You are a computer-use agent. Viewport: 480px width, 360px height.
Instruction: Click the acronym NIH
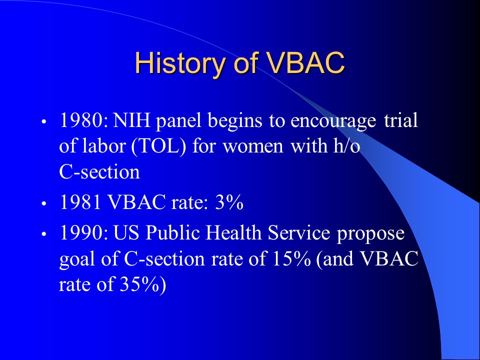[x=131, y=120]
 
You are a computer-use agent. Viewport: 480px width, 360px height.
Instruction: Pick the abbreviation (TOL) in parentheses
[x=158, y=146]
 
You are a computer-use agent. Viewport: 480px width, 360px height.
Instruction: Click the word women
[x=253, y=146]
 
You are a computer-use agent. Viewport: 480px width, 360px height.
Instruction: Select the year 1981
[x=80, y=202]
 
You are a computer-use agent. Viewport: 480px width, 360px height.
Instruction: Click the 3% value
[x=229, y=202]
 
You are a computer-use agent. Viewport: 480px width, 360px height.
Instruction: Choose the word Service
[x=299, y=232]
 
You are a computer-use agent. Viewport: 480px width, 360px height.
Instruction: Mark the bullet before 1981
[x=44, y=203]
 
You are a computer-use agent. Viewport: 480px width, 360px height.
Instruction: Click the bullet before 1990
[x=44, y=234]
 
